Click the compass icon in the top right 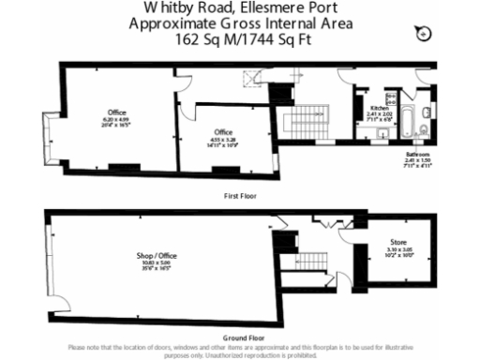click(x=423, y=34)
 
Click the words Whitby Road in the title click(x=169, y=7)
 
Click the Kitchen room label click(x=380, y=110)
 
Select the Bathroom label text click(x=417, y=153)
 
